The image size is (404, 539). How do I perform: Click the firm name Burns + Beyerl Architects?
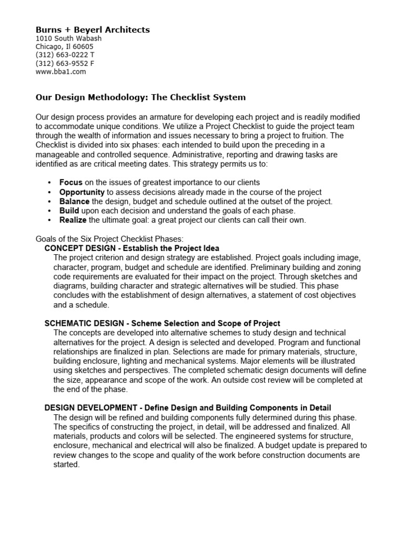point(92,30)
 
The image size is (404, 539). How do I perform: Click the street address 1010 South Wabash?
point(68,38)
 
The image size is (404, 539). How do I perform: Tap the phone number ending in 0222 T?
point(65,55)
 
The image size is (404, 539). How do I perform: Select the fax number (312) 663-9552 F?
point(65,64)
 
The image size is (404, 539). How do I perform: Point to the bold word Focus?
point(71,183)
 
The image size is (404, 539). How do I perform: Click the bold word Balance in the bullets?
point(75,202)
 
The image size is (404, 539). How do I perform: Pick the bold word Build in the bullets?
point(69,211)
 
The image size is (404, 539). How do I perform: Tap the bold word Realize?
point(73,220)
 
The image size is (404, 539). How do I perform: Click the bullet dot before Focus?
point(49,183)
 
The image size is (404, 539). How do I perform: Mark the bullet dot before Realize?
point(49,221)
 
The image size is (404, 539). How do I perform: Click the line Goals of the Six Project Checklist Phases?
point(109,238)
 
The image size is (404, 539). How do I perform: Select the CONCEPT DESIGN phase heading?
point(132,248)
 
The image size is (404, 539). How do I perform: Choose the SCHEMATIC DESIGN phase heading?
point(162,323)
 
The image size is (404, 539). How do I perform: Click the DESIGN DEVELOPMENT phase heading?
point(188,408)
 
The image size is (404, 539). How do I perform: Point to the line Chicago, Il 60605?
point(64,47)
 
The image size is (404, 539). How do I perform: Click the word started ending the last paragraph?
point(66,465)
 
